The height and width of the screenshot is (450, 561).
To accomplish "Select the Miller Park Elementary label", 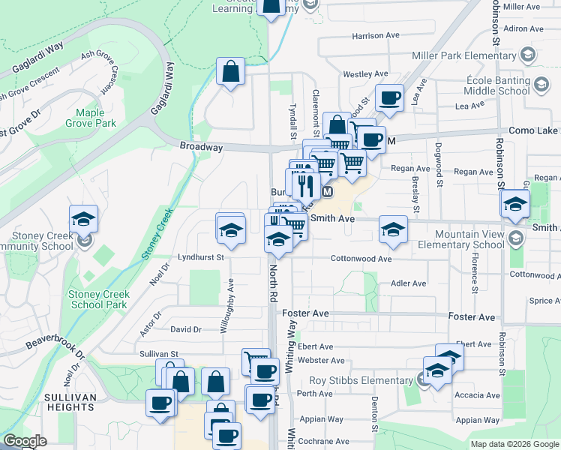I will (x=465, y=56).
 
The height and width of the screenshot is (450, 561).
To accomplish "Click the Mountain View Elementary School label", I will (x=460, y=239).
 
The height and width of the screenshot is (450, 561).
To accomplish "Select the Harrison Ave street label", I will (x=376, y=35).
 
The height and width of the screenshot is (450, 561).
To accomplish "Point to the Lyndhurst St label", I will (x=200, y=257).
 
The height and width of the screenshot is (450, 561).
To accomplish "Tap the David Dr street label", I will (x=186, y=329).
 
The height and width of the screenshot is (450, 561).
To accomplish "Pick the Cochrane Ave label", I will (x=322, y=441).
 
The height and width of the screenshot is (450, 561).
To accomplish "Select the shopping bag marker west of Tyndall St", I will (x=231, y=72).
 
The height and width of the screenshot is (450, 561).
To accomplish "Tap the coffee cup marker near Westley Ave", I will (x=389, y=97).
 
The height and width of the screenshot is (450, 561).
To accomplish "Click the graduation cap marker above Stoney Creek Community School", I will (x=84, y=219).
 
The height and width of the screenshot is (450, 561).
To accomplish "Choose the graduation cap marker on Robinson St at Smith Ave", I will (x=515, y=203).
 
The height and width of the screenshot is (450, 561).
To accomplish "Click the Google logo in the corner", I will (x=25, y=441).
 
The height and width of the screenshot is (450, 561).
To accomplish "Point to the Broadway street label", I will (x=201, y=148).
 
